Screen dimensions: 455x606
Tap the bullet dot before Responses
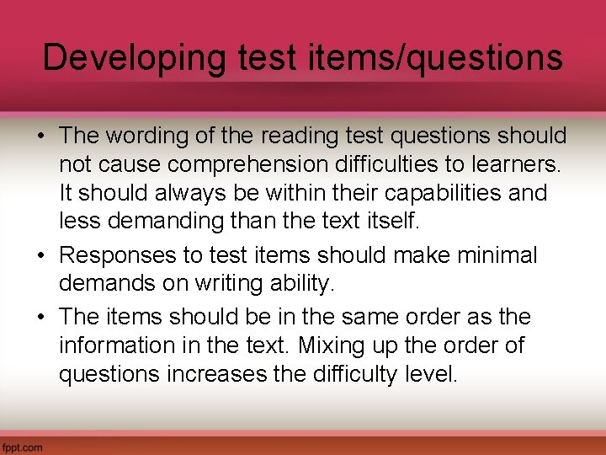tap(45, 255)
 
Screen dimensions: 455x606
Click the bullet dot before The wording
tap(45, 136)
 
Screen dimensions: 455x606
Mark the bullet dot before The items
tap(45, 318)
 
